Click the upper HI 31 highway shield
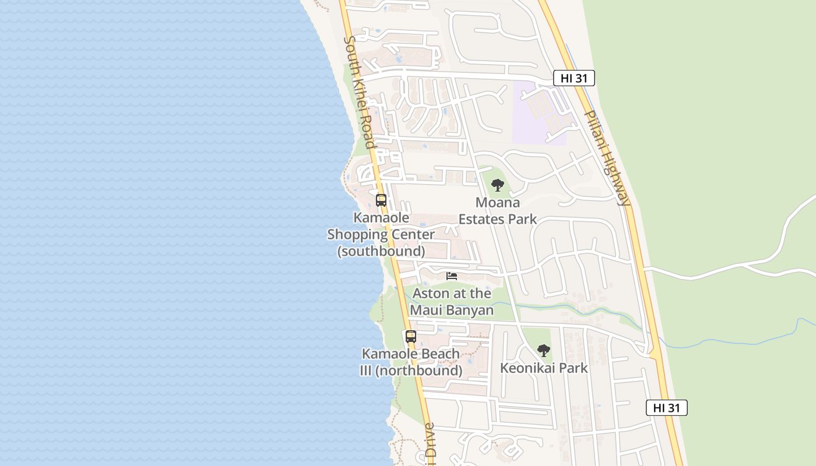(x=574, y=78)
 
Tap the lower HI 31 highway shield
(x=666, y=408)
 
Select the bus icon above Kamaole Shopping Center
(x=381, y=200)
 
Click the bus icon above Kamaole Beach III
(x=411, y=337)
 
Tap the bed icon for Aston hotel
(x=452, y=276)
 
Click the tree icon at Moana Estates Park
(x=497, y=185)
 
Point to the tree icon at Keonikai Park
(x=543, y=350)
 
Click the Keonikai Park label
(x=544, y=368)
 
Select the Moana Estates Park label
(x=497, y=211)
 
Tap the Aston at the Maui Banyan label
(x=452, y=302)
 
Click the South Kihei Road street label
(x=359, y=92)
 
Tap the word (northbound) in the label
(x=427, y=370)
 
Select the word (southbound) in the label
(x=381, y=251)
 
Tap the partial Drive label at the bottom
(x=430, y=446)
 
